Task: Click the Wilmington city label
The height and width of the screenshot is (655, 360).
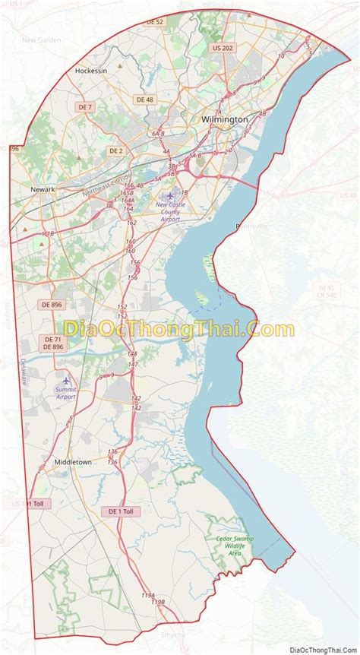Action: point(224,119)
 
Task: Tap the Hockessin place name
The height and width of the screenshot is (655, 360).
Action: point(91,70)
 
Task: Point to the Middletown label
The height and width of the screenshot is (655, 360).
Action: point(73,461)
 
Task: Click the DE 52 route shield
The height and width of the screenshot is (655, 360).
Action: point(154,22)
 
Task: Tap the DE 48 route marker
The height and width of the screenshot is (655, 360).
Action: point(144,100)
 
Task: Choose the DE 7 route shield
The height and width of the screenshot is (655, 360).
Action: point(84,106)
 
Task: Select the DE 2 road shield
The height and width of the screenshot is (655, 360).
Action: point(115,150)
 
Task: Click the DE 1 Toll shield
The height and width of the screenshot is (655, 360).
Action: point(121,511)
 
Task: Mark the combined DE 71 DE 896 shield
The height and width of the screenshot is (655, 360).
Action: point(53,343)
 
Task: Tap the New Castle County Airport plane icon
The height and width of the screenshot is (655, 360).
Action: point(169,195)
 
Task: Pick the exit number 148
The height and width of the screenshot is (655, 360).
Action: point(132,354)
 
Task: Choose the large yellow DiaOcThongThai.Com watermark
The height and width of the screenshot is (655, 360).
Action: point(179,329)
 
